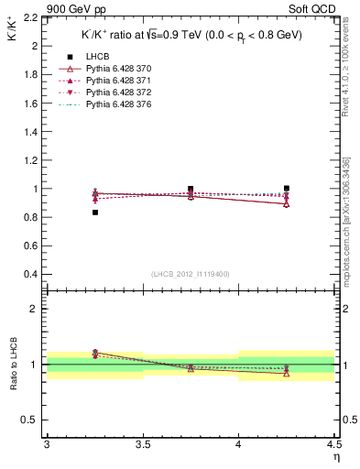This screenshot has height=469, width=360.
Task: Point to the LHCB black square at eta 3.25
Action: tap(94, 213)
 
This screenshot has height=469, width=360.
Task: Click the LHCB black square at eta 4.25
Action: tap(287, 188)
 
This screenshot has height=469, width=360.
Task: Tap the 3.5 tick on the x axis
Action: tap(142, 444)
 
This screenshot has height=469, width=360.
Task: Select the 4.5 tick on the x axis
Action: tap(333, 444)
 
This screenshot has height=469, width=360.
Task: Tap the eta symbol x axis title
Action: tap(335, 457)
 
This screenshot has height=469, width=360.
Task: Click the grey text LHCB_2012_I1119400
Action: tap(191, 275)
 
